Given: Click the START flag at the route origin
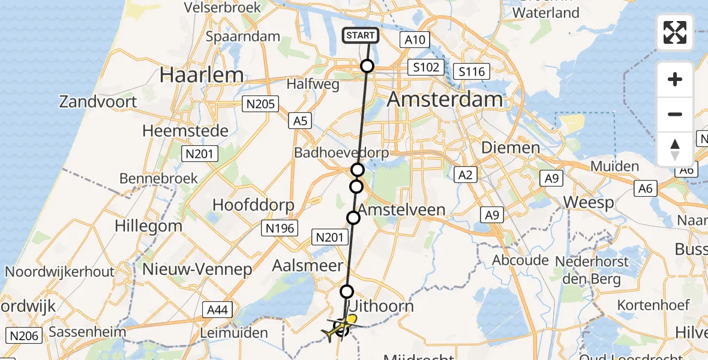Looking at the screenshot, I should click(361, 35).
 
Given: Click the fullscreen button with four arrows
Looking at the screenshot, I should click(675, 32).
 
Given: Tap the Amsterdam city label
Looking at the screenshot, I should click(445, 100).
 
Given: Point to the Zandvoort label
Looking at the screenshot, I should click(98, 101).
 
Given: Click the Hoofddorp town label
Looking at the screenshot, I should click(253, 205).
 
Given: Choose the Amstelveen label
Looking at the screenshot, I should click(403, 209).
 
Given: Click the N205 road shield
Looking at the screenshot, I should click(260, 104).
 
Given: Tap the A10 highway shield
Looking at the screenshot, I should click(414, 40).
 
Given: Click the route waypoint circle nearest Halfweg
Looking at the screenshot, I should click(367, 67).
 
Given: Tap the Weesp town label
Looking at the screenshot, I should click(589, 203).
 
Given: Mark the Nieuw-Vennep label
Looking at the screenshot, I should click(197, 269).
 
